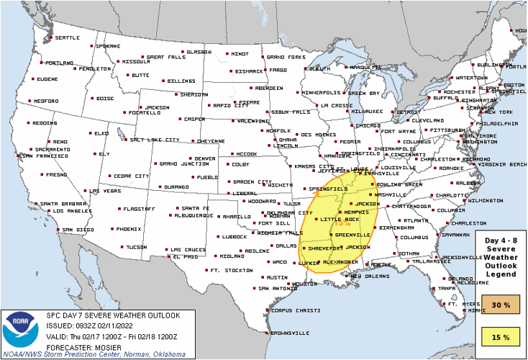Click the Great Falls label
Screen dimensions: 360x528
(x=166, y=57)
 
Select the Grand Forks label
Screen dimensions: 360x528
(x=284, y=57)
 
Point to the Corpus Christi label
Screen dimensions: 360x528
(x=295, y=310)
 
